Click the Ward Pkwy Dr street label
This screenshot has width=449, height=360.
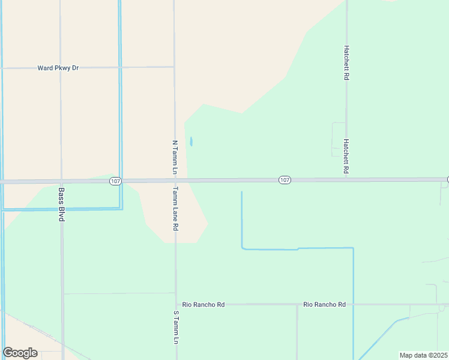(58, 68)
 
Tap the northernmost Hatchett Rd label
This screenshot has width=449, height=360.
(346, 62)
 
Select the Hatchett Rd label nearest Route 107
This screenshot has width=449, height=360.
(346, 157)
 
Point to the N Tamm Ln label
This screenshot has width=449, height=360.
(175, 158)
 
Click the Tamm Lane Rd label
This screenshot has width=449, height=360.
(175, 209)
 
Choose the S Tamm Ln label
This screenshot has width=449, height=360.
(176, 327)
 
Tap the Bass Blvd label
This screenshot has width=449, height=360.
(61, 205)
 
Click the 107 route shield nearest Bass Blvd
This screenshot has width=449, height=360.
(116, 181)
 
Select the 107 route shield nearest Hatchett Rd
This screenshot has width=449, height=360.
(285, 180)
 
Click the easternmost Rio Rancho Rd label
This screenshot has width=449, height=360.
(325, 305)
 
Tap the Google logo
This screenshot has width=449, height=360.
(20, 353)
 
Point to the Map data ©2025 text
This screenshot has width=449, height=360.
(424, 355)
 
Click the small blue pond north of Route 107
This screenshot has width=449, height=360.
(191, 142)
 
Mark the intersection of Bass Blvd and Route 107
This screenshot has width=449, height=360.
(61, 181)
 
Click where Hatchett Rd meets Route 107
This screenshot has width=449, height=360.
(347, 179)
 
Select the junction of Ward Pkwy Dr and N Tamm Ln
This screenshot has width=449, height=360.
(174, 67)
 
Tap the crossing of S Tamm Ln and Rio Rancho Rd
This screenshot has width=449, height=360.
(176, 305)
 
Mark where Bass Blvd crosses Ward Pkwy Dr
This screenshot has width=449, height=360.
(61, 68)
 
